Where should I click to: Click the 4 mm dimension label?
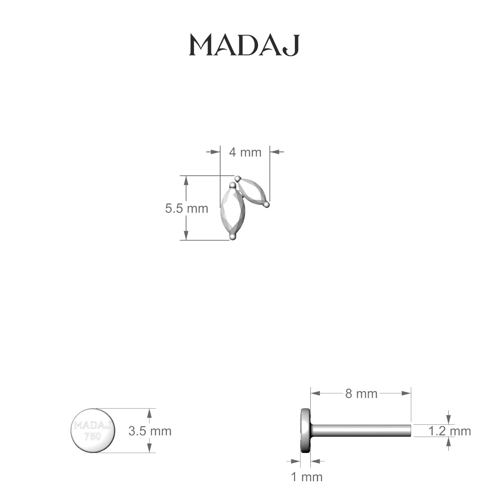pyautogui.click(x=245, y=152)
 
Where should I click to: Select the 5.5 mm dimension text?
pyautogui.click(x=187, y=209)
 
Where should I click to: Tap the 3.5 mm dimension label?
pyautogui.click(x=150, y=431)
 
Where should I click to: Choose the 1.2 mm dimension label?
pyautogui.click(x=450, y=431)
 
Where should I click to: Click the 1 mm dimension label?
pyautogui.click(x=306, y=477)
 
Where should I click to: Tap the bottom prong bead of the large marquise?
pyautogui.click(x=233, y=236)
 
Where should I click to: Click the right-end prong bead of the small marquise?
pyautogui.click(x=266, y=204)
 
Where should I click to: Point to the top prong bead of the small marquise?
pyautogui.click(x=238, y=178)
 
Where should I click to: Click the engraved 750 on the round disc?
pyautogui.click(x=93, y=437)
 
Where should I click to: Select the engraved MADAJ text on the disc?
pyautogui.click(x=93, y=425)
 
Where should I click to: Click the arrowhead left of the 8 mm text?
pyautogui.click(x=315, y=393)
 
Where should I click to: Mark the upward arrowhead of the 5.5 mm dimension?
pyautogui.click(x=186, y=180)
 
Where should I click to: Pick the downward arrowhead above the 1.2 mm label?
pyautogui.click(x=449, y=420)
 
